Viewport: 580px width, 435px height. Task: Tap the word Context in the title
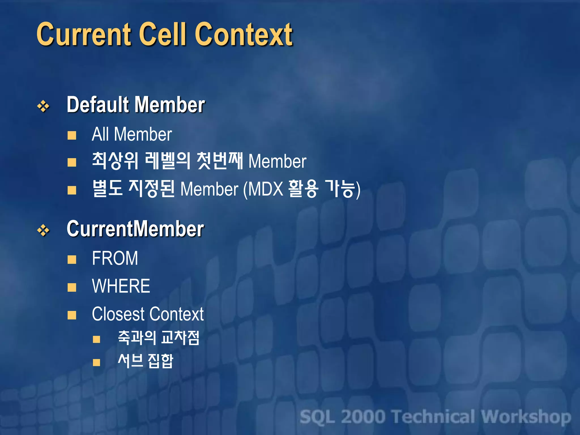click(x=244, y=35)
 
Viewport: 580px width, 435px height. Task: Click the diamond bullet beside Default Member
click(x=43, y=106)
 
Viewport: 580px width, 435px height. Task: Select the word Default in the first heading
click(x=98, y=105)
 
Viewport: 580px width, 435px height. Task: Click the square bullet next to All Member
click(x=72, y=135)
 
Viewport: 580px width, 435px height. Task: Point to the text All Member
click(x=132, y=134)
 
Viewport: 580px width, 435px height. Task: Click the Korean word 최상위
click(x=115, y=161)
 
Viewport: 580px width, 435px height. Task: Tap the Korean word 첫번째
click(x=220, y=161)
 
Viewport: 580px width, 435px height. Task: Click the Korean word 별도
click(x=107, y=188)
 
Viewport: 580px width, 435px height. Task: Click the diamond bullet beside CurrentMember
click(x=43, y=231)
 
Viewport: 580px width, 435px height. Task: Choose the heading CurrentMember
click(x=135, y=229)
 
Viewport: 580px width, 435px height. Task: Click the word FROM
click(x=115, y=258)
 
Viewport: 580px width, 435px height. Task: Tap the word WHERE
click(x=121, y=286)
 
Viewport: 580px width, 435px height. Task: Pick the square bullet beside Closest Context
click(x=72, y=315)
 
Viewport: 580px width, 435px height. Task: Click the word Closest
click(x=118, y=314)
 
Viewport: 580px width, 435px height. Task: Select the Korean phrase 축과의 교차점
click(x=159, y=338)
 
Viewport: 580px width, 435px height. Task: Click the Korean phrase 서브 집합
click(x=145, y=361)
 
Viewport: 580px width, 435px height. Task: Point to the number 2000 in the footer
click(x=363, y=417)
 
